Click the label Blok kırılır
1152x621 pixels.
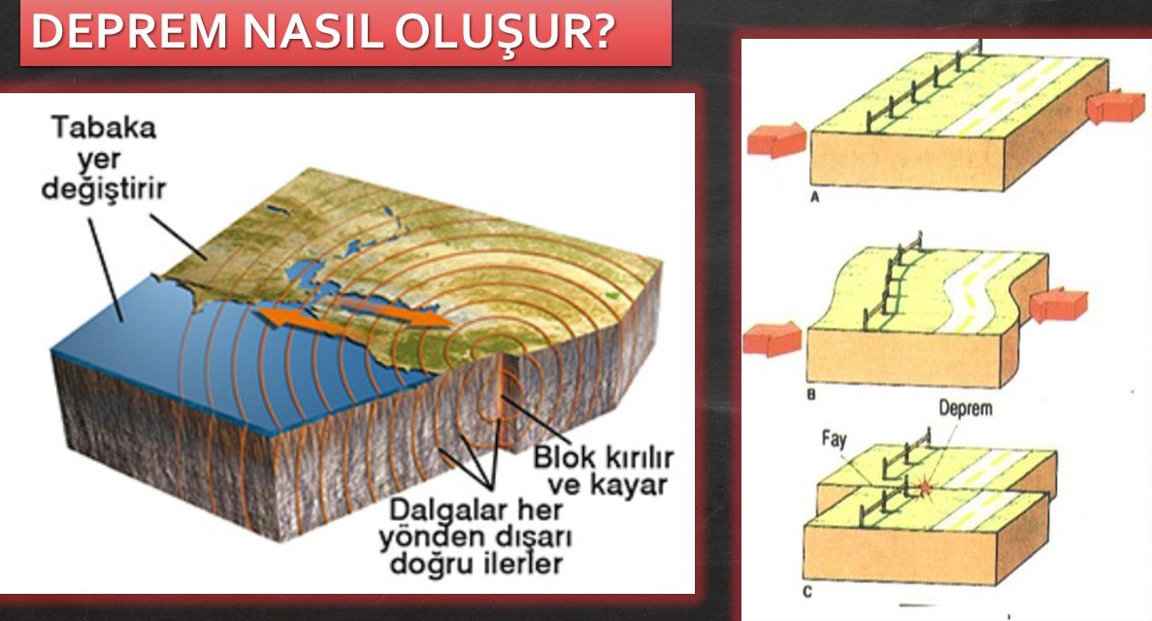[602, 456]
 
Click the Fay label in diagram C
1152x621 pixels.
[835, 439]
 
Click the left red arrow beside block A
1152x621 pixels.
[775, 140]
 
